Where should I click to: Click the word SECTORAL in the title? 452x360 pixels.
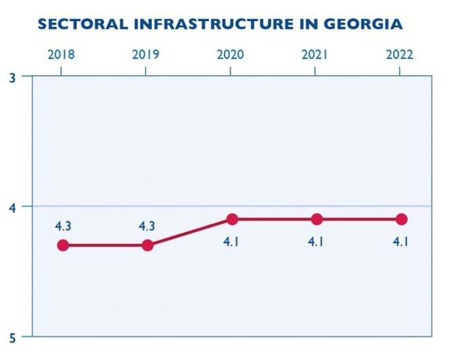[x=83, y=24]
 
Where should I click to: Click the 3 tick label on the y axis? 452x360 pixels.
[x=13, y=77]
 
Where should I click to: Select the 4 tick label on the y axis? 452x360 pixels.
[x=13, y=207]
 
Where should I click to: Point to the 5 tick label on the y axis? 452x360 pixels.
[x=13, y=338]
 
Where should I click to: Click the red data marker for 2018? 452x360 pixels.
[x=63, y=245]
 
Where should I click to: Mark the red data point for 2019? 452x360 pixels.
[x=147, y=245]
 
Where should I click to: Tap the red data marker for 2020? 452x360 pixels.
[x=232, y=219]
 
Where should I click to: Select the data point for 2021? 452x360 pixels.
[x=317, y=219]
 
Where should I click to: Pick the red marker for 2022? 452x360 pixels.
[x=401, y=219]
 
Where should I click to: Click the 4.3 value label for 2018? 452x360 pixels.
[x=63, y=226]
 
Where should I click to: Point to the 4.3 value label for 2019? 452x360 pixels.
[x=147, y=226]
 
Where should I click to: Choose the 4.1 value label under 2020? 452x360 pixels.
[x=231, y=242]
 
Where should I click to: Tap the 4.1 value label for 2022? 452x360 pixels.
[x=400, y=242]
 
